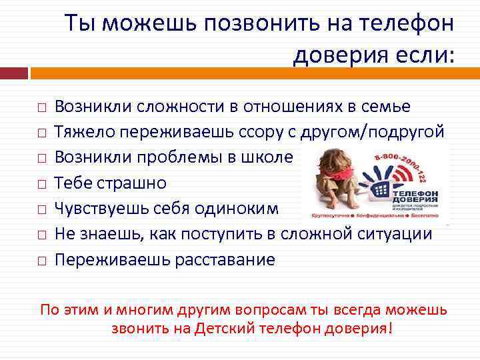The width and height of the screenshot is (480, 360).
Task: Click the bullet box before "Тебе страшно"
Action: (x=41, y=183)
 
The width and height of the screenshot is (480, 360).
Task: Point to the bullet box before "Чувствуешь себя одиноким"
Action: (x=41, y=209)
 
